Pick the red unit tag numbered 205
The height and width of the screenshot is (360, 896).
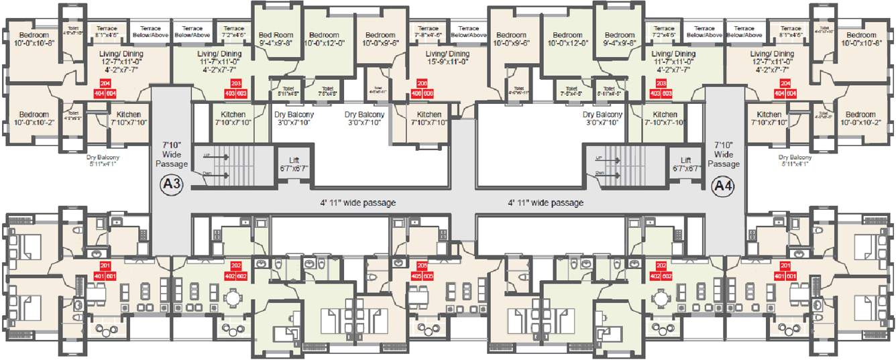pyautogui.click(x=423, y=265)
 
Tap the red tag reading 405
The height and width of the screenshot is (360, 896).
pyautogui.click(x=417, y=275)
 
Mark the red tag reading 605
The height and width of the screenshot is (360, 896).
pyautogui.click(x=429, y=275)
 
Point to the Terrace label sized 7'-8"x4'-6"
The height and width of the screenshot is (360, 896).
pyautogui.click(x=427, y=33)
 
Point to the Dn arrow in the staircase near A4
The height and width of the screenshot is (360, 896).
pyautogui.click(x=609, y=174)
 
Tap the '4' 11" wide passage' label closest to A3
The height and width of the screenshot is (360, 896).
pyautogui.click(x=357, y=202)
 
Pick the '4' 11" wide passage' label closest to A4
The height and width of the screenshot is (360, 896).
pyautogui.click(x=545, y=202)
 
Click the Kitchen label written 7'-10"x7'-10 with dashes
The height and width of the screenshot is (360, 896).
pyautogui.click(x=665, y=119)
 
